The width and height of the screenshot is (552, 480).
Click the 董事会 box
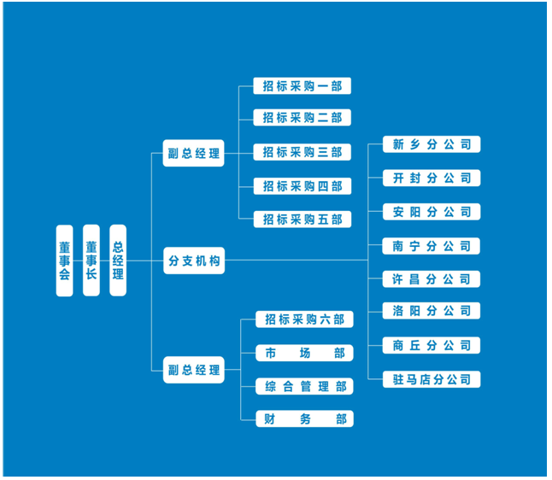(64, 260)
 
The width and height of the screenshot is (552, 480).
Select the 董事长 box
(91, 260)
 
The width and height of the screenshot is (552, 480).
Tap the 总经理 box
(118, 260)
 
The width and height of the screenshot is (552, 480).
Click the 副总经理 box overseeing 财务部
(194, 371)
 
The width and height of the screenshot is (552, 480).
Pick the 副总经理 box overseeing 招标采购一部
(194, 155)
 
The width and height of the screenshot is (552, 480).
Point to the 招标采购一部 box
(302, 86)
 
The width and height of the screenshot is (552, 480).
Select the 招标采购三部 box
(302, 152)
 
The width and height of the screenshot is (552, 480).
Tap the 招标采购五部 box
(302, 220)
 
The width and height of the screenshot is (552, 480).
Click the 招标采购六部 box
(304, 319)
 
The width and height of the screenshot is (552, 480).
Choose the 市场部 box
(304, 353)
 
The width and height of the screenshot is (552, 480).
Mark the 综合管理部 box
(304, 387)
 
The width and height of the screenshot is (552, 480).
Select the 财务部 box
(304, 419)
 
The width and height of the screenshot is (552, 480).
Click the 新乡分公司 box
(432, 144)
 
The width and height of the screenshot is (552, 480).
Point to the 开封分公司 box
(432, 179)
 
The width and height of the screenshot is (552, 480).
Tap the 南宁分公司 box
(432, 246)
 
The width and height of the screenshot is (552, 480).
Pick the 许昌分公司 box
(432, 279)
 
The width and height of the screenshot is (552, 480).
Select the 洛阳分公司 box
(432, 311)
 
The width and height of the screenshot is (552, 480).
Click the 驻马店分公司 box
(432, 379)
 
